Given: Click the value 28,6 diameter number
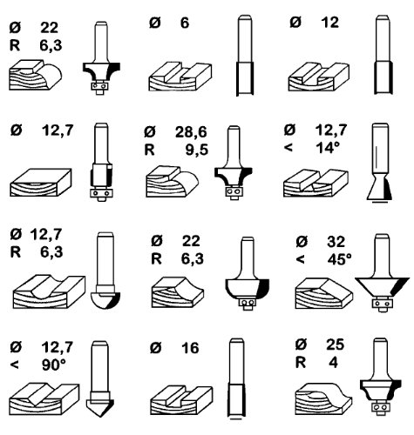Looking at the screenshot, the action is [191, 132].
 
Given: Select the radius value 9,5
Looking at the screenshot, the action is [197, 150].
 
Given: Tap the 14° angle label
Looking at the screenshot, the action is [328, 148].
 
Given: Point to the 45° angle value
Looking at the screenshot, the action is [339, 259].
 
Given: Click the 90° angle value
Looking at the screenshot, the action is [54, 365].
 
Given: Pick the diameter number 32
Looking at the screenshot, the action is [336, 242].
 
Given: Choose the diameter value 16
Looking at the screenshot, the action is [190, 348].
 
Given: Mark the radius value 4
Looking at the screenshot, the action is [333, 363].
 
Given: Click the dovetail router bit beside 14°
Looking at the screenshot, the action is [380, 163].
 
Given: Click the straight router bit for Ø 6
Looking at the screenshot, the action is [245, 55].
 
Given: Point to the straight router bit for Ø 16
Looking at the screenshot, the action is [236, 378].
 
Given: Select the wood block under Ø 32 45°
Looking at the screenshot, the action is [324, 293].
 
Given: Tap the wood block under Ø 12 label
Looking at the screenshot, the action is [318, 77].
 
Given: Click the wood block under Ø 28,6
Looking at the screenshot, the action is [172, 182].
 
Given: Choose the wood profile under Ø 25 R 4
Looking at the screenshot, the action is [323, 399].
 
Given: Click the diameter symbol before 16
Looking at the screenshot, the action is [155, 348].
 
